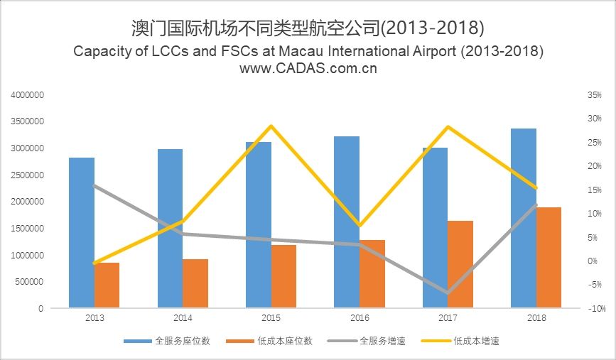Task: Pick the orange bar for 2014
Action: point(195,283)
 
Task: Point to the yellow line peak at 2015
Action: point(271,126)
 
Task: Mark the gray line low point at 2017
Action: point(448,293)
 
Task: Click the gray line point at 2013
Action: point(94,185)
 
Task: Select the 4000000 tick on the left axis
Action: point(28,94)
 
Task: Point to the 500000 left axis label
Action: point(31,282)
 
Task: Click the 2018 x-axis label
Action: point(536,318)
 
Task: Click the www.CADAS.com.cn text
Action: point(308,69)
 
